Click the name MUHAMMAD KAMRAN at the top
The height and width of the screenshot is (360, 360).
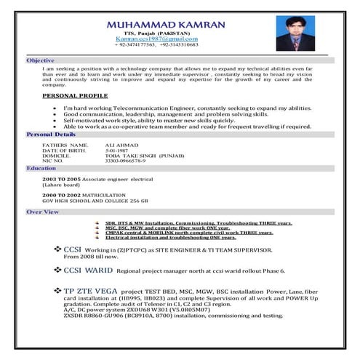(x=167, y=25)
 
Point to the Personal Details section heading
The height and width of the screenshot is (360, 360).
(x=50, y=135)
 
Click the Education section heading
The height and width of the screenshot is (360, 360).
(x=41, y=168)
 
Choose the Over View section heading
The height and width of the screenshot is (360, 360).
(x=42, y=212)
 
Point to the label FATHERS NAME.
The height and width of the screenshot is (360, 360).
(x=61, y=145)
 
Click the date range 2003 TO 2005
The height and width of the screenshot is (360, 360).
(x=60, y=179)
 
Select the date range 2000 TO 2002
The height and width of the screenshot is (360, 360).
(x=60, y=194)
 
